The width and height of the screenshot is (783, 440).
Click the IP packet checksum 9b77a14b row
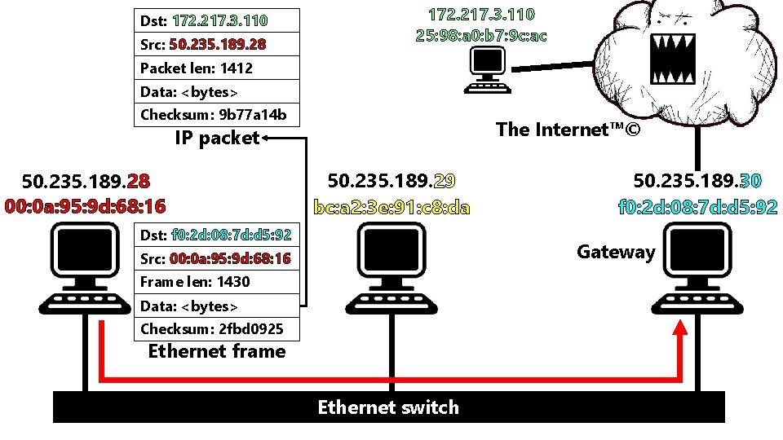click(217, 114)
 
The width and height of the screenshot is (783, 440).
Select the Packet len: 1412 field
click(217, 68)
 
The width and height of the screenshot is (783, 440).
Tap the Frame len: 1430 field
click(217, 282)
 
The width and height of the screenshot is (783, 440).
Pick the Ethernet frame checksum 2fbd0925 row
click(217, 329)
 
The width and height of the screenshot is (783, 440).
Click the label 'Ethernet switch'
click(388, 407)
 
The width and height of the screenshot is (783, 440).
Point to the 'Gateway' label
click(616, 252)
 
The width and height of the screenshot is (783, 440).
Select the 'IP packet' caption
click(216, 138)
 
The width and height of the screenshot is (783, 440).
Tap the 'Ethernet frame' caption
click(217, 351)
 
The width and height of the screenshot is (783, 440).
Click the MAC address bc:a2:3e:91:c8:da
click(391, 207)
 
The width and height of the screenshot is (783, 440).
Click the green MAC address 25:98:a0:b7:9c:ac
click(481, 35)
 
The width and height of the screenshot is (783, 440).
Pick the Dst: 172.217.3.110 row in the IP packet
click(217, 20)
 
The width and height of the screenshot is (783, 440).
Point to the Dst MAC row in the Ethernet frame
click(217, 235)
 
